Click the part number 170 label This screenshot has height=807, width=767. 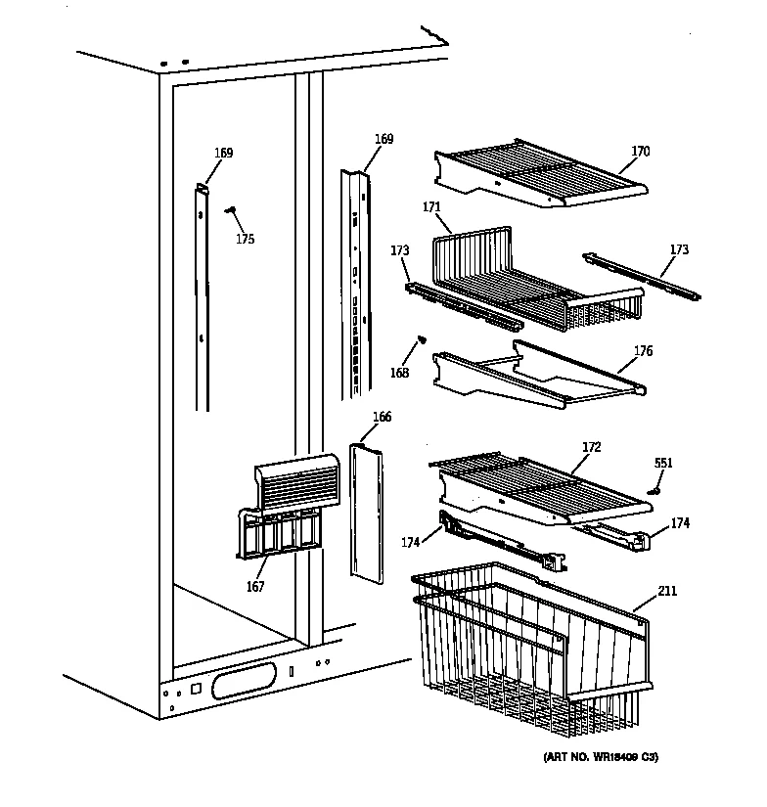coord(640,152)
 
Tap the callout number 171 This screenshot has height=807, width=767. coord(431,207)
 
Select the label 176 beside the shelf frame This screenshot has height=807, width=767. coord(643,351)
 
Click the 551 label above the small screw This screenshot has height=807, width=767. coord(663,463)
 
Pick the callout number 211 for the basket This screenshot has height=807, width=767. coord(667,591)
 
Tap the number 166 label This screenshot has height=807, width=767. coord(382,417)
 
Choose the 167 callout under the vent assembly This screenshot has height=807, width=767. coord(255,587)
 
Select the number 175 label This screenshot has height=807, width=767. coord(245,239)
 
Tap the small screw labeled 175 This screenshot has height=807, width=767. coord(232,209)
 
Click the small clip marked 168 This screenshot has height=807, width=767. coord(422,340)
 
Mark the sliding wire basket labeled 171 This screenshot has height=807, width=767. coord(528,279)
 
